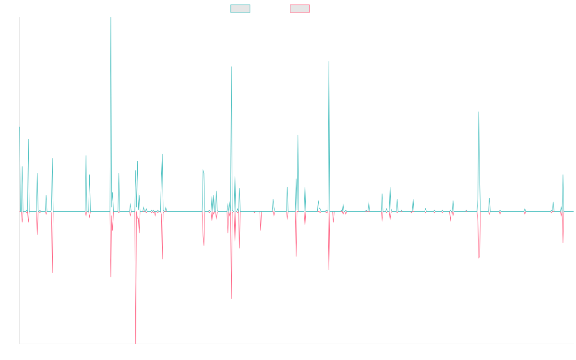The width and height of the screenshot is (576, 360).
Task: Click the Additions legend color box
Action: pyautogui.click(x=240, y=9)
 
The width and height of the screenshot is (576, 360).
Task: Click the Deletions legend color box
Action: pyautogui.click(x=300, y=9)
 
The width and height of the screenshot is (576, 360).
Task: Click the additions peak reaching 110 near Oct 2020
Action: pyautogui.click(x=329, y=61)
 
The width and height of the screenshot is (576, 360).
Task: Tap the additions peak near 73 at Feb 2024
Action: pyautogui.click(x=479, y=112)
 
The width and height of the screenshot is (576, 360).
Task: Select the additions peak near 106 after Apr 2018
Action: pyautogui.click(x=231, y=67)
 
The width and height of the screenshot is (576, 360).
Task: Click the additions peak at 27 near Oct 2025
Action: pyautogui.click(x=563, y=175)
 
